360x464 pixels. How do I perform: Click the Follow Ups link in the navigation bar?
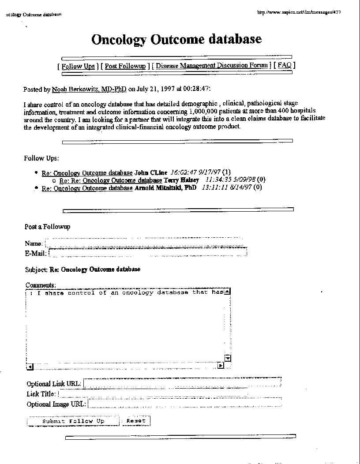point(78,66)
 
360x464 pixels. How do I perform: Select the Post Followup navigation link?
point(125,66)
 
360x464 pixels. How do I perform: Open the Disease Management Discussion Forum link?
point(212,66)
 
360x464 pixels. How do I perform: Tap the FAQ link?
point(285,65)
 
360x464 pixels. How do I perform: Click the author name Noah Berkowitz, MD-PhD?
point(89,90)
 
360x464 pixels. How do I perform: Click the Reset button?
point(136,421)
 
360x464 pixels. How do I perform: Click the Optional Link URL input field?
point(182,383)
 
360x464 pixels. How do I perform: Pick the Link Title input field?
point(170,394)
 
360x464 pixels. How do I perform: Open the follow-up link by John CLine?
point(87,173)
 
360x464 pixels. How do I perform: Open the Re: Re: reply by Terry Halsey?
point(111,180)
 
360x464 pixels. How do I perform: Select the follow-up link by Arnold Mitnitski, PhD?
point(87,188)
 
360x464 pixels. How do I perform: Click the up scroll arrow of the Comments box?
point(227,292)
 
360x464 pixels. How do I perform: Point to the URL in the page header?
point(299,12)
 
